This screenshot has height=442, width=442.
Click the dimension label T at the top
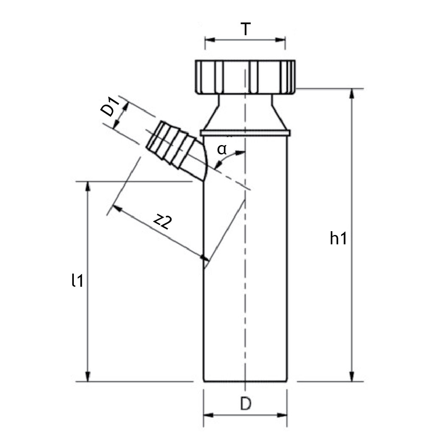click(x=246, y=29)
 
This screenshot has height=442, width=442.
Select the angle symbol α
click(x=222, y=149)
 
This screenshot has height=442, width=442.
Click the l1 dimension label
click(x=78, y=280)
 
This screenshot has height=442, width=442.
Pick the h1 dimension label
click(x=338, y=238)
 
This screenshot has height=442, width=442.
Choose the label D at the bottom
click(x=246, y=403)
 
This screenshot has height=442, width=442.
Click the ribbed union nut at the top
click(x=245, y=77)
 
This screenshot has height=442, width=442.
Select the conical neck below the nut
click(x=245, y=113)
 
